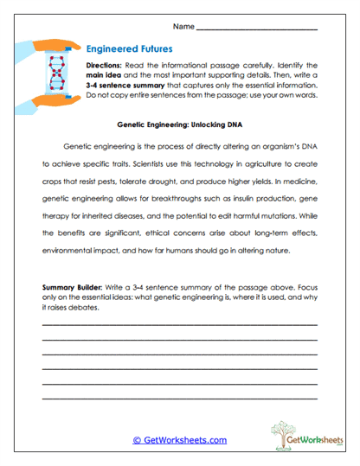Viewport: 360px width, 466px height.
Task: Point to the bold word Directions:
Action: (108, 66)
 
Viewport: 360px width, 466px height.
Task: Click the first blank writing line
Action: (180, 325)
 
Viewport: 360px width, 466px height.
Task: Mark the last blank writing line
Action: (180, 399)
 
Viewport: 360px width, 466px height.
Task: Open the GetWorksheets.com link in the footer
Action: (180, 439)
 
